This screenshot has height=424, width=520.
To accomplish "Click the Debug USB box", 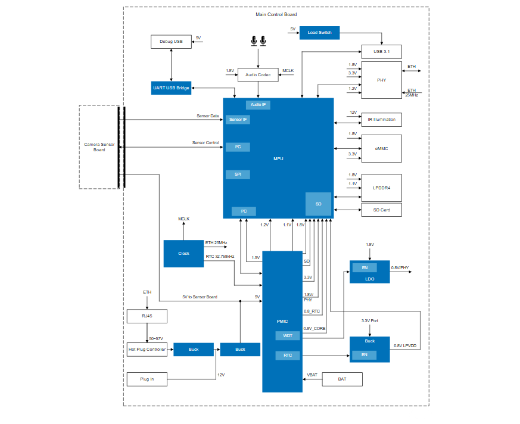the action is [171, 42].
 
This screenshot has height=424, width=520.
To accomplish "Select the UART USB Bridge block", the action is [171, 88].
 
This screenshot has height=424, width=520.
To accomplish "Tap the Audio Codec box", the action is [258, 75].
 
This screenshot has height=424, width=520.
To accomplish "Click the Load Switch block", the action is [319, 33].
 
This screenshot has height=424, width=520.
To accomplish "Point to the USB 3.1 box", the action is [381, 52].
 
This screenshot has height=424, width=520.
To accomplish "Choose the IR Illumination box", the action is [381, 120].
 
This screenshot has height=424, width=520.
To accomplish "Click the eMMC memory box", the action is [381, 148].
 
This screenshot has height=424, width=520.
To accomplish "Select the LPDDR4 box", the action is [381, 188].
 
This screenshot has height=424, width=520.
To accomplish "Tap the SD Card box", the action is [381, 210].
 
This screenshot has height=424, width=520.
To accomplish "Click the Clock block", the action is [183, 254].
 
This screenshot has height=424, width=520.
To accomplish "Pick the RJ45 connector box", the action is [147, 316].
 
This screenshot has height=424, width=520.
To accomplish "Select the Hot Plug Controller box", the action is [147, 350].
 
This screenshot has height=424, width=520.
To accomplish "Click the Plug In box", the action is [147, 379].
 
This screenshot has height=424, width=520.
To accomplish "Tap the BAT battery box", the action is [342, 379].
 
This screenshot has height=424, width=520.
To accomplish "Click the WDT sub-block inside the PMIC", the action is [288, 336].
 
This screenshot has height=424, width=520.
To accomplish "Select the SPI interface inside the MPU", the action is [238, 174].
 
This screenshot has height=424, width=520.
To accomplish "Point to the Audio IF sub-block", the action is [258, 105].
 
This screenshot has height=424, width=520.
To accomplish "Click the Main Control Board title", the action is [276, 14].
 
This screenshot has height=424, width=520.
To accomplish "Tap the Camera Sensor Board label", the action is [99, 147].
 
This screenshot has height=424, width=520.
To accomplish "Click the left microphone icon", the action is [254, 41].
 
